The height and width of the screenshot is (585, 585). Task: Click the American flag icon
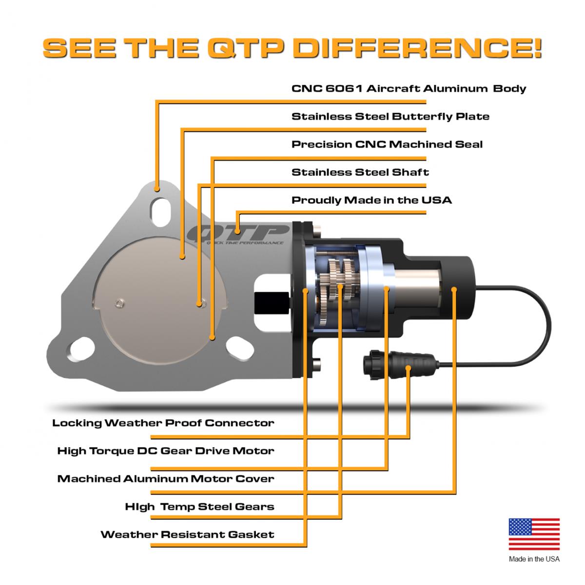pyautogui.click(x=534, y=534)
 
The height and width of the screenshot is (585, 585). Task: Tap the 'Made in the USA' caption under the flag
pyautogui.click(x=534, y=559)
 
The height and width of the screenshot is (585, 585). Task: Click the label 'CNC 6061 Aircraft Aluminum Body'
pyautogui.click(x=409, y=89)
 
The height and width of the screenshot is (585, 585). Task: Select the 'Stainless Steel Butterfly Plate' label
pyautogui.click(x=390, y=117)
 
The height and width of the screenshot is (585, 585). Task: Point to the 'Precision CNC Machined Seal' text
pyautogui.click(x=387, y=144)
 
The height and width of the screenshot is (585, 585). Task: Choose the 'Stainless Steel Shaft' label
pyautogui.click(x=360, y=172)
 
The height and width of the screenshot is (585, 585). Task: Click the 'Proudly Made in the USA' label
pyautogui.click(x=371, y=200)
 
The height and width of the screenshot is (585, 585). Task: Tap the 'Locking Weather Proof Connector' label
pyautogui.click(x=163, y=423)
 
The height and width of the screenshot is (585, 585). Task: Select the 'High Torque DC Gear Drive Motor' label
pyautogui.click(x=166, y=450)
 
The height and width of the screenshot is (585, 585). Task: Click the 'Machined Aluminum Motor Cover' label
pyautogui.click(x=166, y=478)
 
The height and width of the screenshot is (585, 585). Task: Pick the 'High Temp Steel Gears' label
pyautogui.click(x=199, y=507)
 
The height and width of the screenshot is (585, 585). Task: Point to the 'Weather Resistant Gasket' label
pyautogui.click(x=187, y=534)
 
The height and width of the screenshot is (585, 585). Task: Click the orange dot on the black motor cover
pyautogui.click(x=454, y=289)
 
